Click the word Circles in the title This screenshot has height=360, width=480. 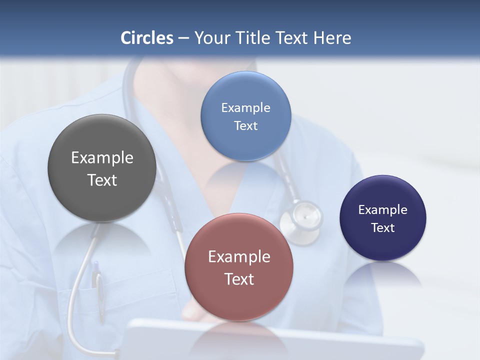click(147, 38)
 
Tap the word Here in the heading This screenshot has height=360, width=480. click(332, 38)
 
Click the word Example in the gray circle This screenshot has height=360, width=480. click(102, 158)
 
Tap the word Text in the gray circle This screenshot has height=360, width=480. click(102, 180)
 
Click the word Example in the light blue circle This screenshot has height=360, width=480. click(245, 108)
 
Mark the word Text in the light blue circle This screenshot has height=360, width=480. click(245, 126)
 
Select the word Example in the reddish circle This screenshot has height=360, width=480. click(239, 257)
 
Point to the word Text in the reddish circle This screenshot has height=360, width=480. click(239, 279)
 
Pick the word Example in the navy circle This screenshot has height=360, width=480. click(383, 210)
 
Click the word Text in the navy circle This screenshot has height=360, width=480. click(383, 228)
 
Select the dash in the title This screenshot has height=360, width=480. click(183, 38)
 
